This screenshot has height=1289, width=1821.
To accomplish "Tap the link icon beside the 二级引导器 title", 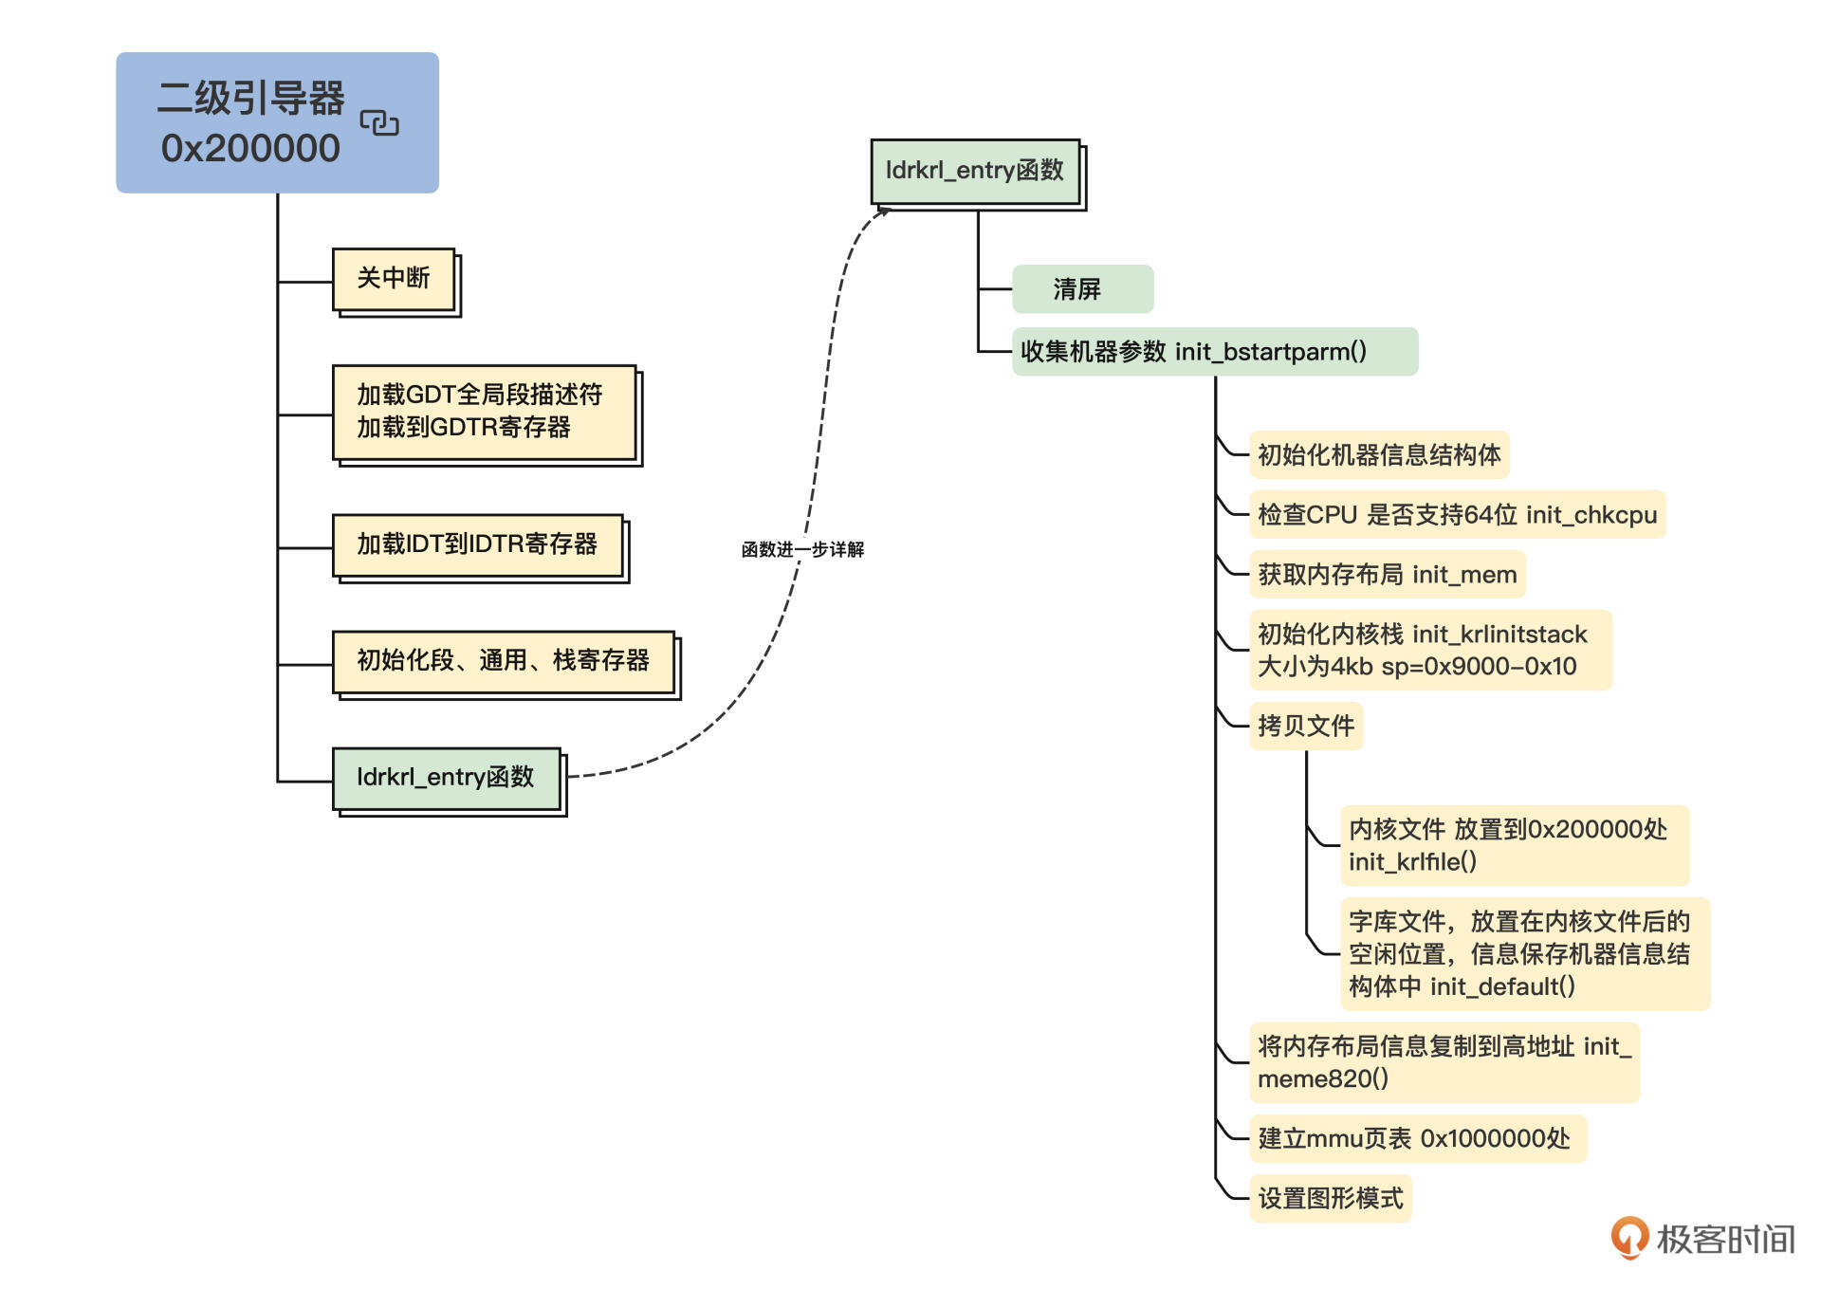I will pos(379,123).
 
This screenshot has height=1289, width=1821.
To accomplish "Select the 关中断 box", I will pos(394,279).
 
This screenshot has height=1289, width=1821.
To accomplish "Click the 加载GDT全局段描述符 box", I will pos(484,412).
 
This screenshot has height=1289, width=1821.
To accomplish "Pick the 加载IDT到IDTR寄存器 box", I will pos(477,544).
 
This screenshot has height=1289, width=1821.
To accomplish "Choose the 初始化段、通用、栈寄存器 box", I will pos(503,660).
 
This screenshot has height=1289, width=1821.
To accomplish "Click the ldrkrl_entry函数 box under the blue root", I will pos(446,778).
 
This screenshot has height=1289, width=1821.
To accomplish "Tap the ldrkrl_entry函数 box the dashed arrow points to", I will pos(975,171).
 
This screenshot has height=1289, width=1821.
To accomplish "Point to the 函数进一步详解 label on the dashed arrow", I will pos(802,550).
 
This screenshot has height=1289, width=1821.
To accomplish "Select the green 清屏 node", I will pos(1082,289).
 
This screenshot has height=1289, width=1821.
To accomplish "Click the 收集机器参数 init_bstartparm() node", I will pos(1214,352).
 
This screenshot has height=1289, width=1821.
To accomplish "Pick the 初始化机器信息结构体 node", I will pos(1378,455).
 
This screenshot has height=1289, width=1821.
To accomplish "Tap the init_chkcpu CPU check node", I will pos(1456,515).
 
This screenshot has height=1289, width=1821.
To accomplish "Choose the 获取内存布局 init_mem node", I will pos(1387,575).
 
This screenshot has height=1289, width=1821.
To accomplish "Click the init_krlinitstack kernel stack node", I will pos(1429,650).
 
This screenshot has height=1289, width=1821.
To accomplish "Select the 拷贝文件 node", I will pos(1306,727).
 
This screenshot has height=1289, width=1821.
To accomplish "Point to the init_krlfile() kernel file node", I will pos(1514,845).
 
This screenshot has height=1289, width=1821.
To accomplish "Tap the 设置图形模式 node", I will pos(1330,1199).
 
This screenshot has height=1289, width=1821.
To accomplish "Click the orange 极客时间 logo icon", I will pos(1629,1238).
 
